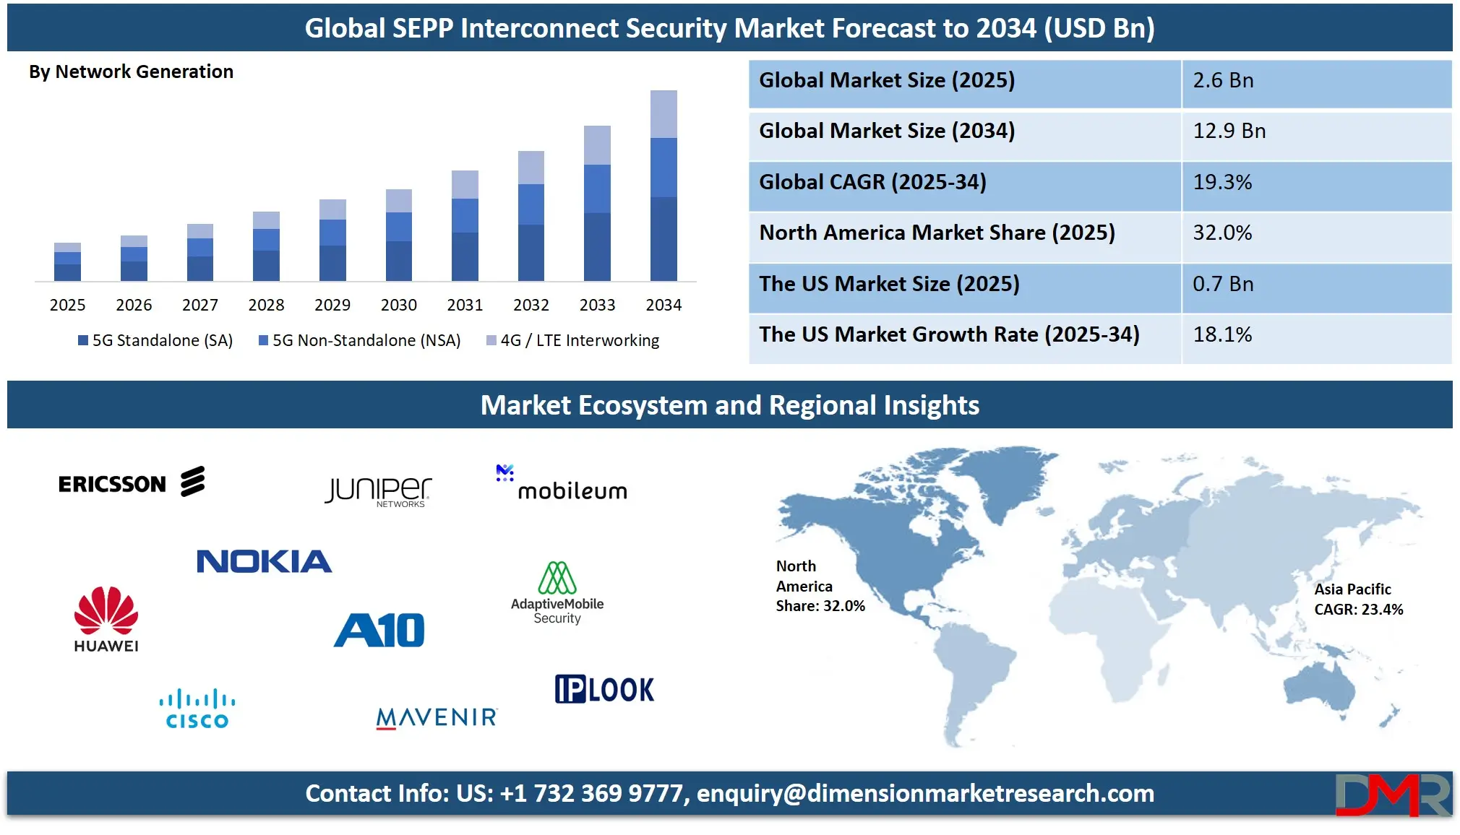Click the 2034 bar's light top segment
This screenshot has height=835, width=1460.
pos(664,114)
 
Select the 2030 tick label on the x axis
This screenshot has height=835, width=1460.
pos(398,305)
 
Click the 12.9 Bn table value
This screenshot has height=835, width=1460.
pos(1229,131)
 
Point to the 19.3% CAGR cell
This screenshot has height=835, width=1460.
pos(1222,182)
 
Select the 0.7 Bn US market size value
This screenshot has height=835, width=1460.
pos(1223,284)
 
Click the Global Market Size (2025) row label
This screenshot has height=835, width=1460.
pos(887,80)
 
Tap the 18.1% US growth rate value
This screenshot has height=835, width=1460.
pos(1222,334)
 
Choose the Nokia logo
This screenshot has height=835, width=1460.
pos(264,561)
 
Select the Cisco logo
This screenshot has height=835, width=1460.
pos(197,709)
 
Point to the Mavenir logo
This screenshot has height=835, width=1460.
pos(437,717)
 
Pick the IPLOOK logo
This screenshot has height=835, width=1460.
pos(604,689)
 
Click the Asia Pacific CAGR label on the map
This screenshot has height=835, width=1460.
pos(1358,600)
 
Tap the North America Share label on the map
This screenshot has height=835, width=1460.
pos(820,586)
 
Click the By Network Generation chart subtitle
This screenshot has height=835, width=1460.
pos(131,72)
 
